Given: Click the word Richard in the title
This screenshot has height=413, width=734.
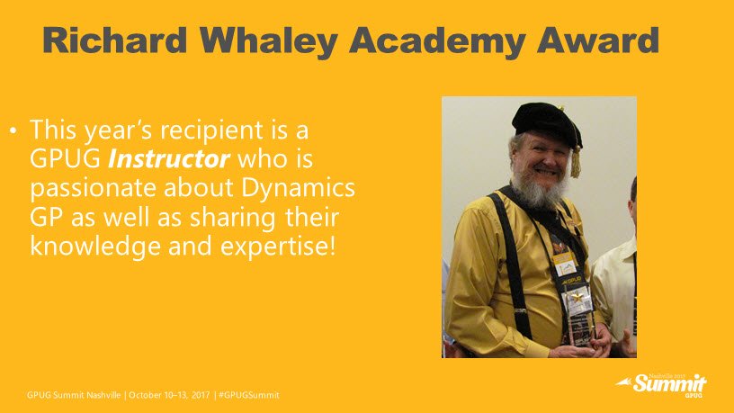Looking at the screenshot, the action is pos(115,40).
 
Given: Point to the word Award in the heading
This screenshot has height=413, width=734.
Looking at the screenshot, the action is pos(598,40).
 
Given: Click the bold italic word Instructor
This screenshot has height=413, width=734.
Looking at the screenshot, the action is pos(168,159).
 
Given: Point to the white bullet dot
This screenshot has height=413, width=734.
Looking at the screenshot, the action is pos(13,130).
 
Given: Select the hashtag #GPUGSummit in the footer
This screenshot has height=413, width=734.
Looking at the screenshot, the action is pos(249,395).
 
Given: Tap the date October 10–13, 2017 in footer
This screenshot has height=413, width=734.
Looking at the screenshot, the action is pos(169,395).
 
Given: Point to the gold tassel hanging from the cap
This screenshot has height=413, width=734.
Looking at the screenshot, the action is pos(576,162).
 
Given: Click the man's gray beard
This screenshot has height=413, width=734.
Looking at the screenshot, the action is pos(539,190).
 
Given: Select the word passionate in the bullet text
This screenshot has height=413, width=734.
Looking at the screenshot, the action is pos(93,189).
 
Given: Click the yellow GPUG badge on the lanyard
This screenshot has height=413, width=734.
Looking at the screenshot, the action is pos(564,264).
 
